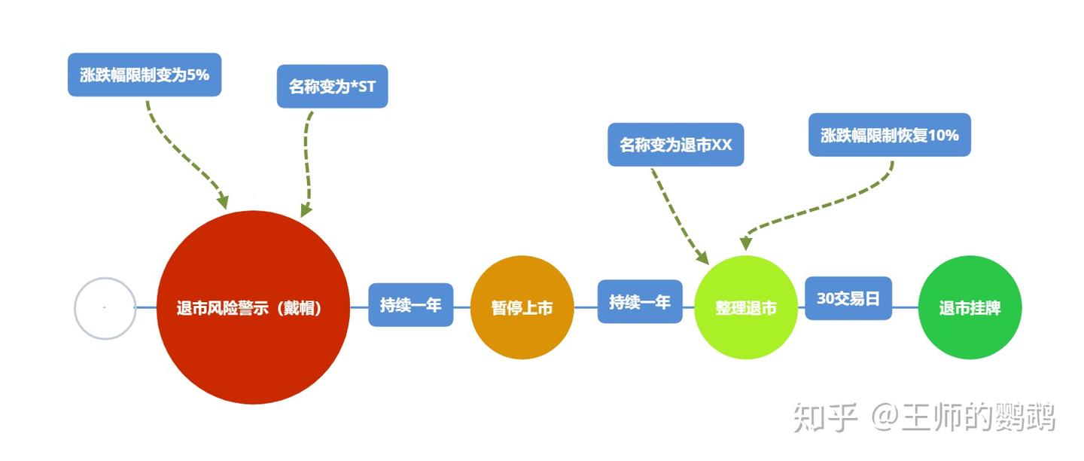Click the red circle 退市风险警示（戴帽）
(253, 307)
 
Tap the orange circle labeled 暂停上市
(522, 307)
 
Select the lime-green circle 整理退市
(745, 307)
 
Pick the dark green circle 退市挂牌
(970, 307)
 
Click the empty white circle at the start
(105, 308)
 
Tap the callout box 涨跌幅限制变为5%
(145, 75)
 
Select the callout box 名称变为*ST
(332, 86)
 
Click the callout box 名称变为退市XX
(675, 145)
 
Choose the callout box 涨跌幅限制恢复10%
(889, 135)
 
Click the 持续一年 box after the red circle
(410, 304)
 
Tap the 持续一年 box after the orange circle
(640, 301)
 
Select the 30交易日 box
(848, 298)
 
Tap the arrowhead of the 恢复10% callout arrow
(745, 243)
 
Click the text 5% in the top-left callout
(197, 75)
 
